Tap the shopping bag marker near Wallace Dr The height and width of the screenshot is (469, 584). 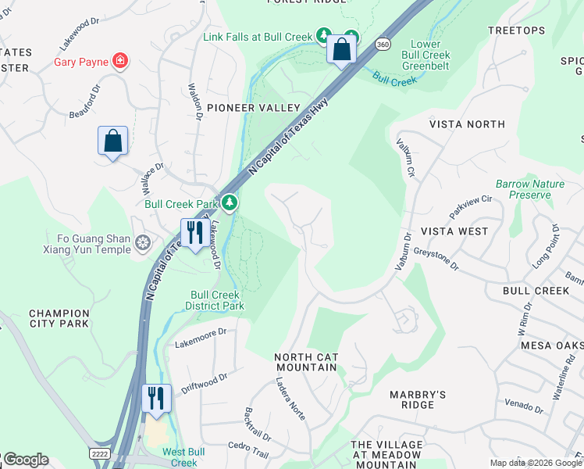(x=112, y=141)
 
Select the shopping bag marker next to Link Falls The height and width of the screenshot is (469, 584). (x=341, y=49)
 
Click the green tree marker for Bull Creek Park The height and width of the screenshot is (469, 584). (x=229, y=203)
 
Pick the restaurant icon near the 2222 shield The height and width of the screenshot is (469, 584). (x=156, y=398)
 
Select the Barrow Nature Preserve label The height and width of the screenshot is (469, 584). (x=529, y=189)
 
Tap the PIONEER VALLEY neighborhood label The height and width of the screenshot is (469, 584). (x=254, y=107)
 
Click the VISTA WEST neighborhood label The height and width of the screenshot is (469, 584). (x=454, y=231)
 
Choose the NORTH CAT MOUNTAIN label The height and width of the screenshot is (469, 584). (x=306, y=363)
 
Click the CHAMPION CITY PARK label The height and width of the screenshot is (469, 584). (x=59, y=318)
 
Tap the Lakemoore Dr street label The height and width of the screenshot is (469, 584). (x=200, y=332)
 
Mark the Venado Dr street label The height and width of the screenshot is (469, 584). (x=523, y=405)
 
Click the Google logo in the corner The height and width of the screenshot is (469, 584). (x=25, y=460)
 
